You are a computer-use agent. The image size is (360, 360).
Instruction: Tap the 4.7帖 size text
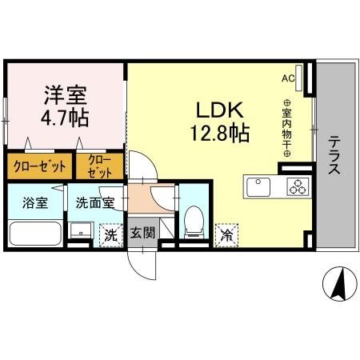(x=66, y=118)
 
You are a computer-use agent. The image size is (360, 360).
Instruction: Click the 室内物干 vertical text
(x=288, y=128)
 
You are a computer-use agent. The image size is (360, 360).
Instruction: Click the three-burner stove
(x=298, y=188)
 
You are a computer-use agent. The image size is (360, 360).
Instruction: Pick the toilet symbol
(x=193, y=221)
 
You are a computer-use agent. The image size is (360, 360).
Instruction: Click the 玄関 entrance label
(x=143, y=234)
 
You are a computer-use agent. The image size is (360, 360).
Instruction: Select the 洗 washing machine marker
(x=110, y=234)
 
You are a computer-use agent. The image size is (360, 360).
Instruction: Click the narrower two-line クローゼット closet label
(x=100, y=166)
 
